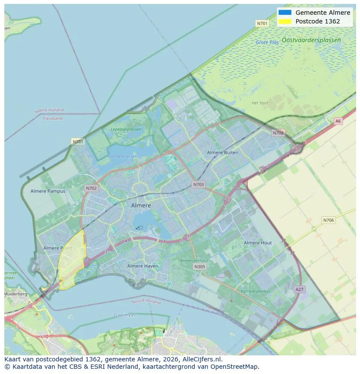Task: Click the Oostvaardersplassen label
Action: pyautogui.click(x=311, y=40)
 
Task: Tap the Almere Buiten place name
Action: pyautogui.click(x=223, y=152)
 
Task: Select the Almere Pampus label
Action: pyautogui.click(x=48, y=191)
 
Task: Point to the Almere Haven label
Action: pyautogui.click(x=143, y=266)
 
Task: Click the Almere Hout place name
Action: pyautogui.click(x=258, y=243)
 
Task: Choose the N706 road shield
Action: pyautogui.click(x=329, y=220)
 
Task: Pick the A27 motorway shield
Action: pyautogui.click(x=300, y=289)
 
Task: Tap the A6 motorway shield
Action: pyautogui.click(x=338, y=121)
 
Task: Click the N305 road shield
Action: pyautogui.click(x=200, y=267)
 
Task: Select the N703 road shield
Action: pyautogui.click(x=198, y=185)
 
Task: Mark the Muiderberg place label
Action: pyautogui.click(x=15, y=294)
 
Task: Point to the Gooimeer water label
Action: pyautogui.click(x=125, y=315)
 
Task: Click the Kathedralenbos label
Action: pyautogui.click(x=256, y=291)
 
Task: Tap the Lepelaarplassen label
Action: pyautogui.click(x=126, y=129)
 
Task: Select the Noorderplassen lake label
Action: pyautogui.click(x=122, y=156)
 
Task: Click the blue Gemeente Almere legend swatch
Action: pyautogui.click(x=285, y=13)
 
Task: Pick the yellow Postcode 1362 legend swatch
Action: pyautogui.click(x=285, y=21)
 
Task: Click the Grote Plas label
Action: pyautogui.click(x=267, y=43)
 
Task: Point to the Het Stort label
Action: pyautogui.click(x=260, y=103)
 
